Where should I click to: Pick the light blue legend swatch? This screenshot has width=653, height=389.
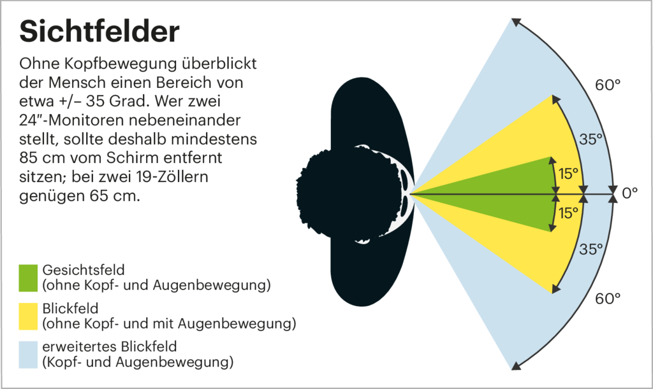(x=29, y=355)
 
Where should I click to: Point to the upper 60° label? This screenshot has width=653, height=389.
(x=608, y=85)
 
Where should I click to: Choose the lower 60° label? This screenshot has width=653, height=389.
(x=608, y=298)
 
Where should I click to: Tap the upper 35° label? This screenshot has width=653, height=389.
(x=591, y=139)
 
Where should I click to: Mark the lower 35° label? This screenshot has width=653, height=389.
(x=591, y=250)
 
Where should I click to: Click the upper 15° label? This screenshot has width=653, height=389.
(x=569, y=173)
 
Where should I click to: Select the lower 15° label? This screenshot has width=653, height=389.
(x=569, y=213)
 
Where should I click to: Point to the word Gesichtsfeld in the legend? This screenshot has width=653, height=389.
(x=79, y=269)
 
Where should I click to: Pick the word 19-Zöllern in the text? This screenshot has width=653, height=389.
(x=203, y=175)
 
